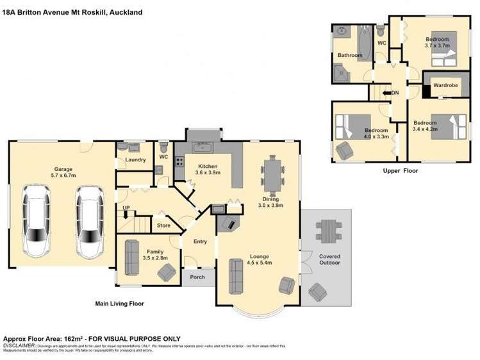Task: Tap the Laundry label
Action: tap(135, 160)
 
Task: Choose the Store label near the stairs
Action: tap(164, 225)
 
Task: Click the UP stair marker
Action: tap(126, 208)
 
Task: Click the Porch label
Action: tap(197, 277)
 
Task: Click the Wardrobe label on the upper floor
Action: tap(445, 85)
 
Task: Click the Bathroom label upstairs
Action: tap(350, 56)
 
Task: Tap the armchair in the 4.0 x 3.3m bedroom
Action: tap(344, 151)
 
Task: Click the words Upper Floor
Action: tap(401, 171)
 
